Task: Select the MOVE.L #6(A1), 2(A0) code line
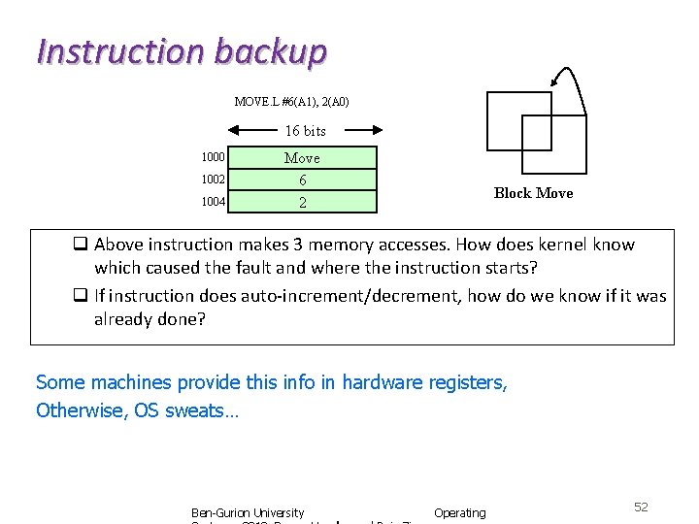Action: point(291,101)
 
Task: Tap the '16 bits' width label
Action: point(305,130)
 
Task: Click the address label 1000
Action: point(214,157)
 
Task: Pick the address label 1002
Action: point(214,180)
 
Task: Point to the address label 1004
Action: point(214,202)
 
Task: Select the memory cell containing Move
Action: point(302,157)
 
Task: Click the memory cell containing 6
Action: point(302,180)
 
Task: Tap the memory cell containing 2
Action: point(302,202)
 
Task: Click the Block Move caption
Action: point(533,193)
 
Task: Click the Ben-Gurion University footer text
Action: point(248,512)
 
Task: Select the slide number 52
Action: point(641,508)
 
